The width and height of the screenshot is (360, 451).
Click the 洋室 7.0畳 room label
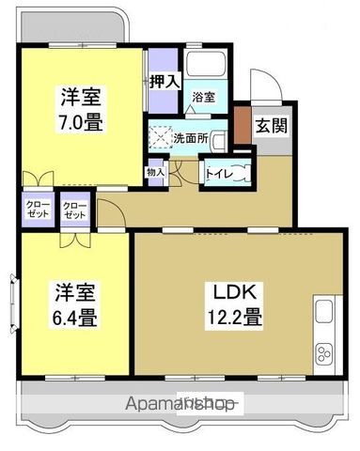coord(83,109)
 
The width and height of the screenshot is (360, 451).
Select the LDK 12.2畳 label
coord(229,303)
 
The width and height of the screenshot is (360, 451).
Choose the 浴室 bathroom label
coord(203,96)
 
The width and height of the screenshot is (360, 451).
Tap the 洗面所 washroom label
coord(193,139)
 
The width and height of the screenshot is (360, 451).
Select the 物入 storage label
coord(156,171)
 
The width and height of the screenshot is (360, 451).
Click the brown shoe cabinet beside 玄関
coord(242,122)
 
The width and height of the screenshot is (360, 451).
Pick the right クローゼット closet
coord(74,210)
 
